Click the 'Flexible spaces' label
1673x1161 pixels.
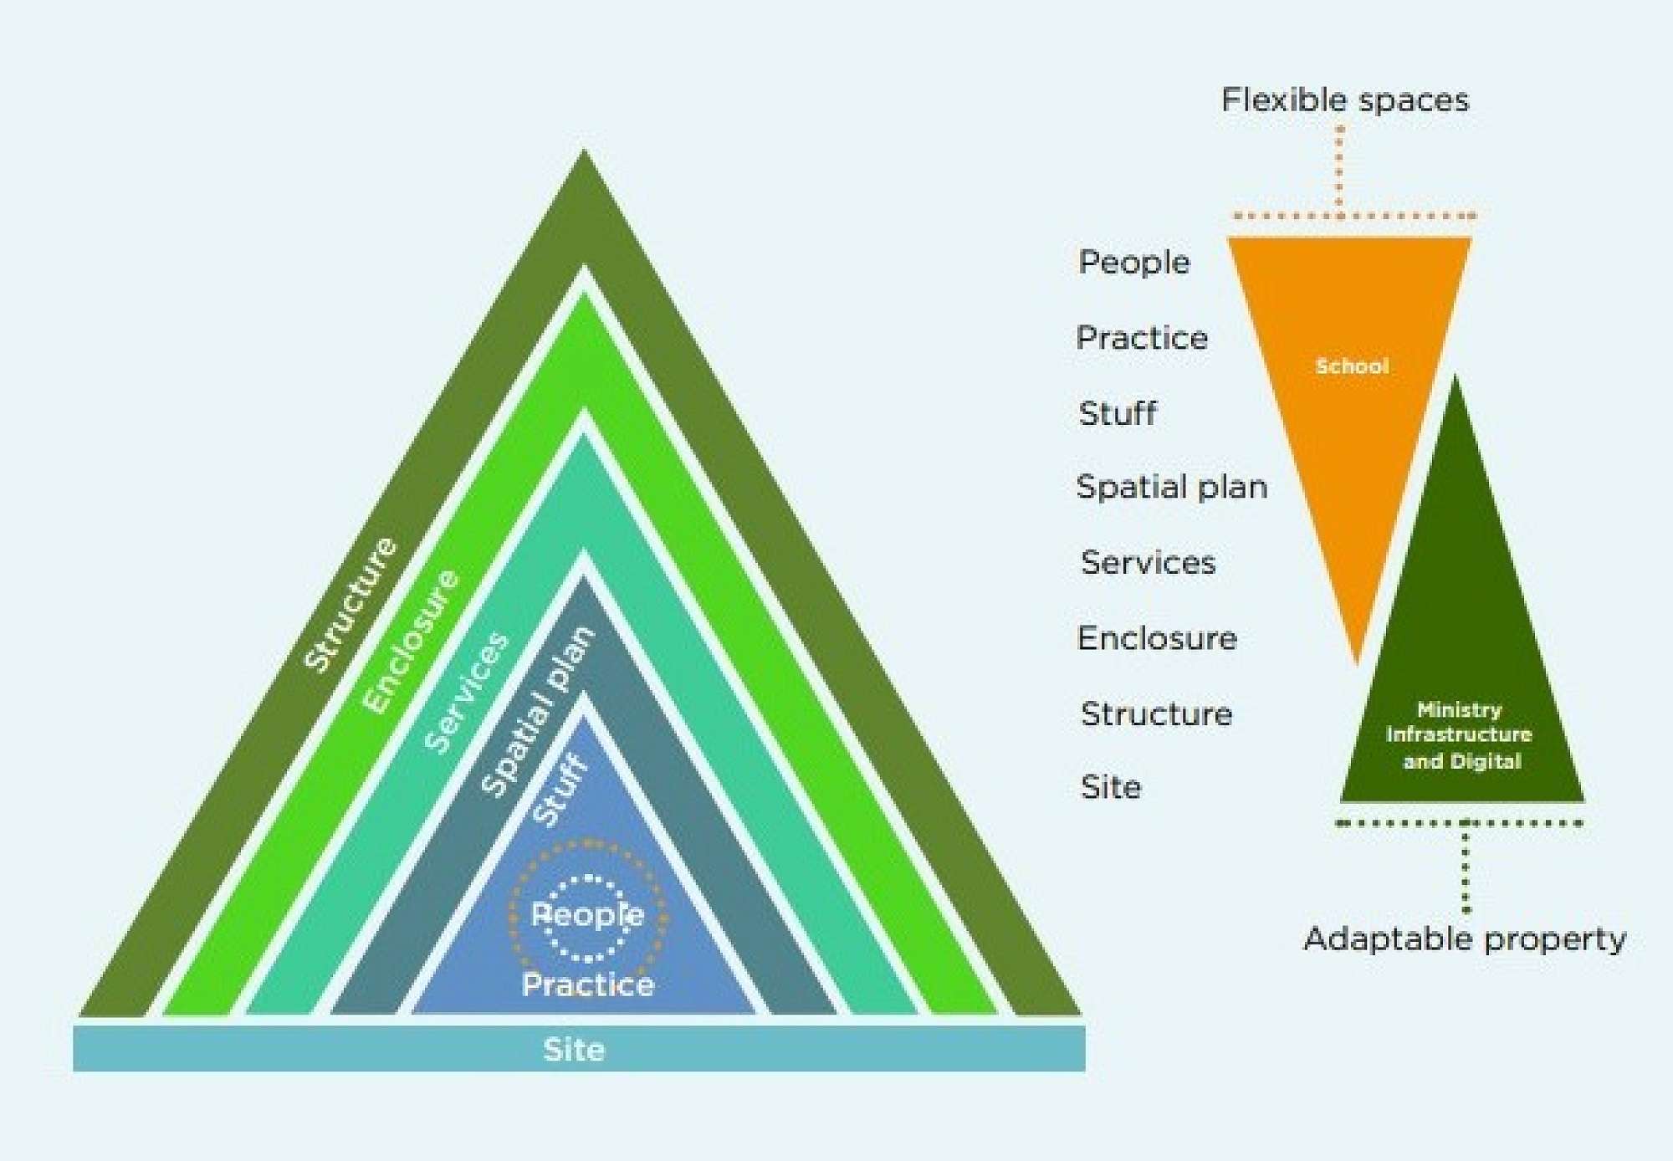[1344, 100]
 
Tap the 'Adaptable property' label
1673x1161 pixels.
[1464, 939]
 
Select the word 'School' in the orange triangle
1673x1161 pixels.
[1352, 366]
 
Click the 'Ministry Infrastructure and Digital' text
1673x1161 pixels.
[1460, 735]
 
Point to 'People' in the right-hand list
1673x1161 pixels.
[1133, 263]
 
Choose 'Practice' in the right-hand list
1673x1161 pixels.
[1142, 338]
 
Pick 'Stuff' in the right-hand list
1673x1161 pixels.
[1118, 413]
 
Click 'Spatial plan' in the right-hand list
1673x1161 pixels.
[1171, 487]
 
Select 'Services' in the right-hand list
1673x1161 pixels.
[1148, 562]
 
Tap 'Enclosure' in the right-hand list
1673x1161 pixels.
[1157, 638]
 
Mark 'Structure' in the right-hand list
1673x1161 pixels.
[1156, 713]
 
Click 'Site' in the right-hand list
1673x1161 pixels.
[1111, 787]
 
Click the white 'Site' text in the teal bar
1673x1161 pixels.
[574, 1049]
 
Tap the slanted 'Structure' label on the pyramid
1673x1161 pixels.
[350, 604]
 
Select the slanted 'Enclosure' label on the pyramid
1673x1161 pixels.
[411, 641]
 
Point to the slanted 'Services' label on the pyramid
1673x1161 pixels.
[466, 692]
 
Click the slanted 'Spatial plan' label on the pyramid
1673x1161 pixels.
[538, 711]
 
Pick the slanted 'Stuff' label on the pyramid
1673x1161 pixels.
[560, 789]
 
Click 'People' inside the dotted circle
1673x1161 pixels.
[587, 915]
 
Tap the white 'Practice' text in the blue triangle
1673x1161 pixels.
[588, 985]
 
